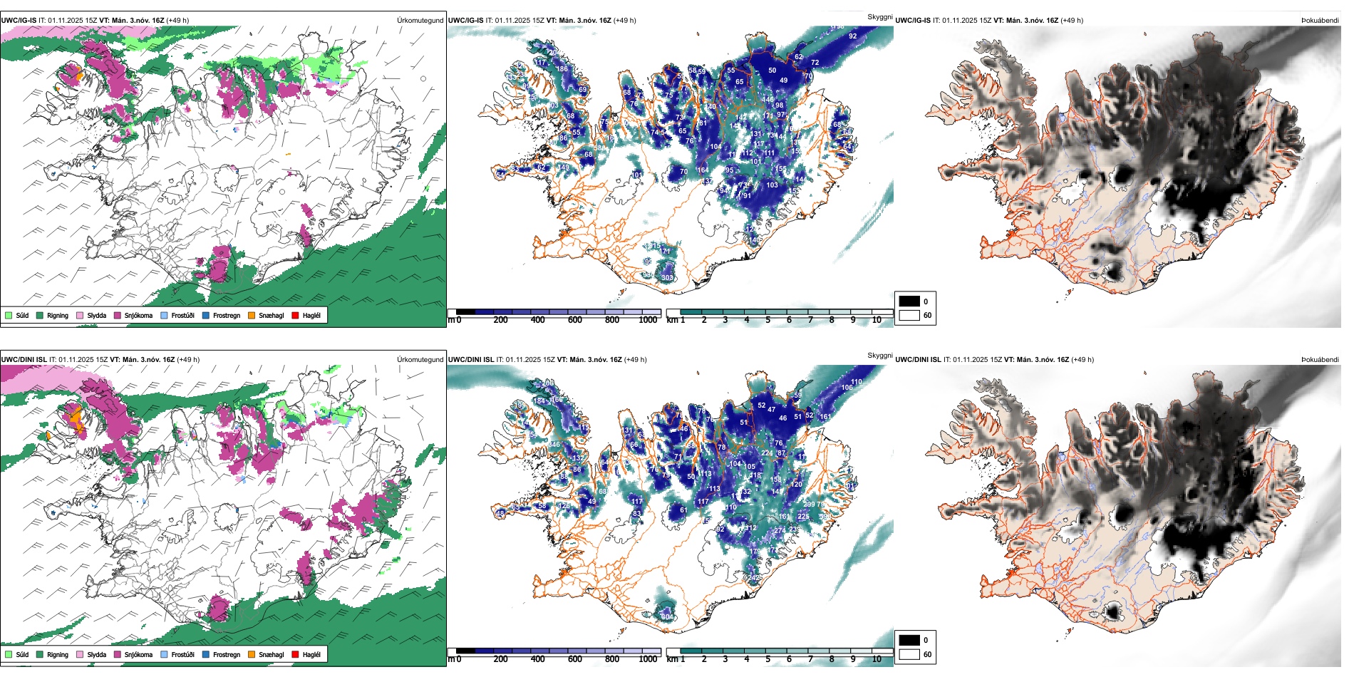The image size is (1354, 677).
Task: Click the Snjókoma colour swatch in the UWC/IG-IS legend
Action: pos(118,315)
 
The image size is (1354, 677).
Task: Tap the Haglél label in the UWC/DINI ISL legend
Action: pos(311,654)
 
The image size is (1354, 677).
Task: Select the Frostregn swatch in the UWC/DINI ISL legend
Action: pos(206,654)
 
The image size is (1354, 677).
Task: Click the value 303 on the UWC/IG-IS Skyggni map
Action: pos(667,278)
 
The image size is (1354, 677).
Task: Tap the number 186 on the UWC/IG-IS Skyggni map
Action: pos(562,69)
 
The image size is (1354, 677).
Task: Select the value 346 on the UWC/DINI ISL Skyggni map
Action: pos(554,445)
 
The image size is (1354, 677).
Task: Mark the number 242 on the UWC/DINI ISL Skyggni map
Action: pos(753,577)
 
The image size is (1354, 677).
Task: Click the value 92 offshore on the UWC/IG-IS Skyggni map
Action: pos(852,36)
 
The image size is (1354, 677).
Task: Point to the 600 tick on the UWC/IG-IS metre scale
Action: pos(574,320)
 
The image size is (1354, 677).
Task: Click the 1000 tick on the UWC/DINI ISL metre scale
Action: pos(648,659)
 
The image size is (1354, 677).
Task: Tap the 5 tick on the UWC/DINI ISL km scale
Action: pos(768,659)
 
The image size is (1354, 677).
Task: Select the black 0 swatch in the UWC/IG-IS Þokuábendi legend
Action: pos(909,301)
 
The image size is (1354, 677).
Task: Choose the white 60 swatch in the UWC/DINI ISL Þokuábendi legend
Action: pos(909,654)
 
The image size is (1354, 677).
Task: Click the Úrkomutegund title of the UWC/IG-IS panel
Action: pos(420,21)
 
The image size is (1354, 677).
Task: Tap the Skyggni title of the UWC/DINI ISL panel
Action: pos(879,356)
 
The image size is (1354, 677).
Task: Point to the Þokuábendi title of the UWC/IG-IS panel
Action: pos(1320,21)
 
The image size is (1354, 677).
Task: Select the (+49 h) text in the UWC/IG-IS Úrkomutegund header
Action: pos(177,21)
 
